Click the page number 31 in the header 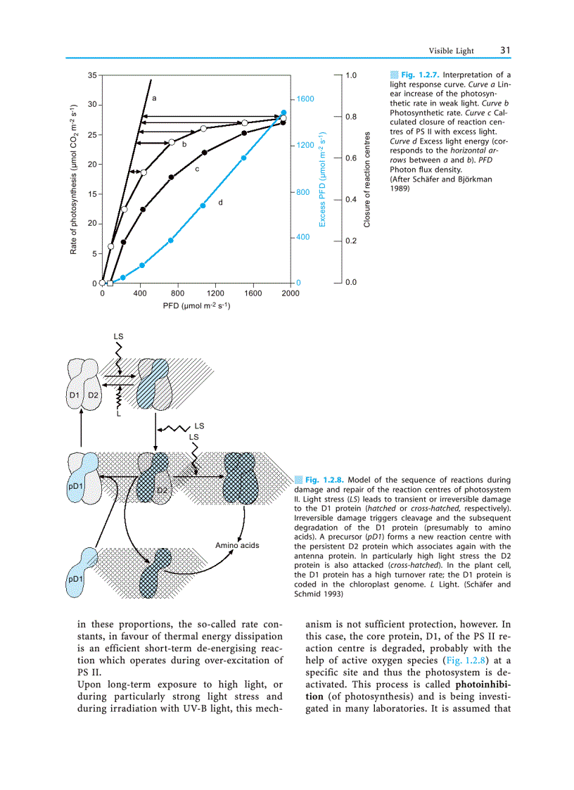point(505,50)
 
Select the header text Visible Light point(452,51)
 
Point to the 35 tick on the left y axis point(92,75)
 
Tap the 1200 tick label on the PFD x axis point(215,293)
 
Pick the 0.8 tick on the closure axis point(351,116)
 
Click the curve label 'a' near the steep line point(153,96)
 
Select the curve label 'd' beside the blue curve point(220,203)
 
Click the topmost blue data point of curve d point(283,113)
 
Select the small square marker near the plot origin point(110,283)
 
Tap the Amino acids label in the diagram point(237,545)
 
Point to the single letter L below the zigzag point(119,414)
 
